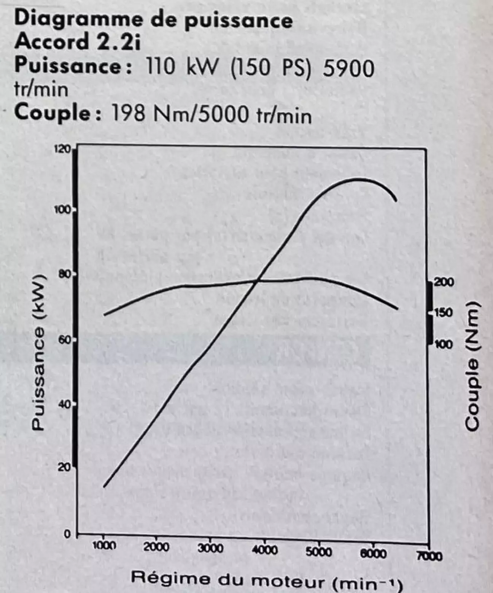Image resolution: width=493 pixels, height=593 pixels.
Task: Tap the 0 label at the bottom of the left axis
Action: [67, 534]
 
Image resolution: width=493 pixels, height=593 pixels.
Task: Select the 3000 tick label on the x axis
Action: [211, 548]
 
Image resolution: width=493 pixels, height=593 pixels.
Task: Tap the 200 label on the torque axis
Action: [444, 282]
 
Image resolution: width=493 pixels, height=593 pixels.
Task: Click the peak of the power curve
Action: [358, 179]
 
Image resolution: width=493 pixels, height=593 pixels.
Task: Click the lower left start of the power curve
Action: [104, 486]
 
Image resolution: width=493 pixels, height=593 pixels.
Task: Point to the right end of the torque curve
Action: [398, 308]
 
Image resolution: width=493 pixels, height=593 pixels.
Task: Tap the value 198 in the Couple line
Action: [127, 113]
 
